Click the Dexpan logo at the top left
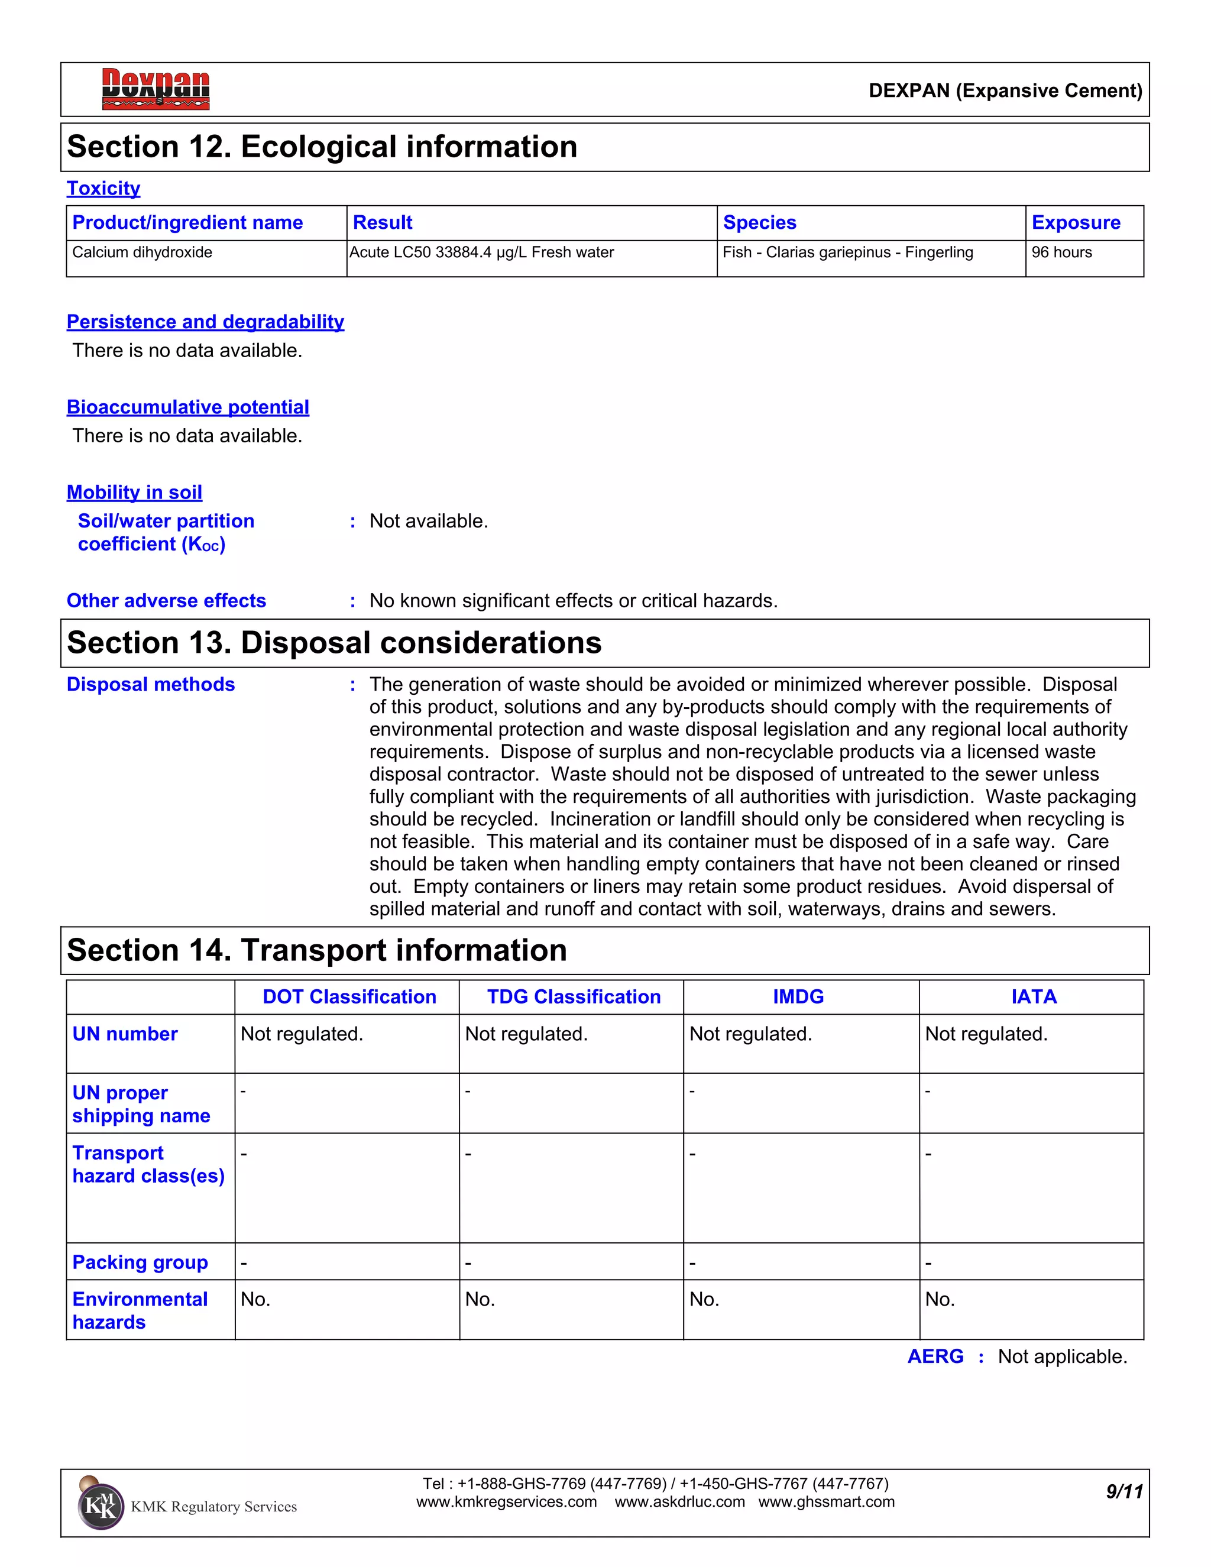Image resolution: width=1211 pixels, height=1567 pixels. click(155, 89)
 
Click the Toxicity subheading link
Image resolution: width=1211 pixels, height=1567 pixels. click(103, 188)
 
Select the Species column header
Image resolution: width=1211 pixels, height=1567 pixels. click(759, 222)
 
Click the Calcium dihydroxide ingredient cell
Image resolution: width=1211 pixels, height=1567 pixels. click(142, 252)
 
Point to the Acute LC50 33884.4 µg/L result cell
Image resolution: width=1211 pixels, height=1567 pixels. click(481, 252)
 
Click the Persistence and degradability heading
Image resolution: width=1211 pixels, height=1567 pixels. click(205, 322)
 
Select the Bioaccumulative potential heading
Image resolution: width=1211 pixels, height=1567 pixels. click(187, 407)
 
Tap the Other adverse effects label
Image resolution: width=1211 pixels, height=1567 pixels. click(166, 601)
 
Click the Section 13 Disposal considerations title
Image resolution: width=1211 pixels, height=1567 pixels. click(333, 642)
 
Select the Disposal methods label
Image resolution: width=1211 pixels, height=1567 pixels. click(151, 685)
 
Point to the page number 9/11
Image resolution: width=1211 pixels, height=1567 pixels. click(1123, 1492)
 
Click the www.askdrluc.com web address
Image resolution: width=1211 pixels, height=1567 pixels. click(679, 1502)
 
